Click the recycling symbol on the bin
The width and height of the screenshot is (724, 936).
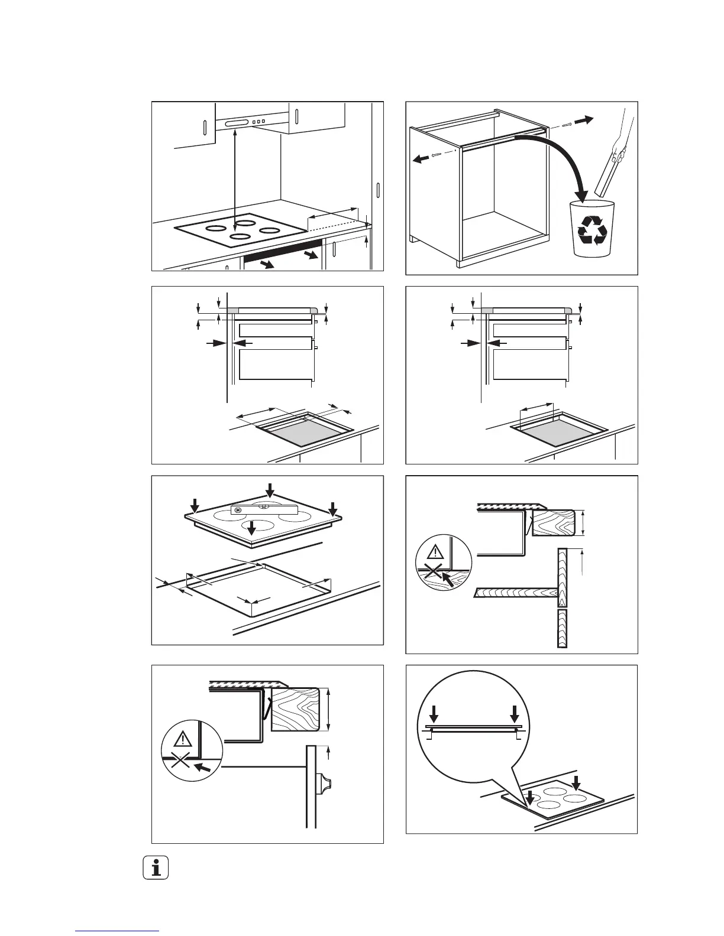[592, 229]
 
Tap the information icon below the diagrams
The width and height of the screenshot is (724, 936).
[156, 869]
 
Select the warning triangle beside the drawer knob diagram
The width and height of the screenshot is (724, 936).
[183, 739]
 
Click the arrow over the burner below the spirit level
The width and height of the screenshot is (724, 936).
[252, 528]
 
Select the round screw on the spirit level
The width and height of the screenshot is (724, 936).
[239, 510]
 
